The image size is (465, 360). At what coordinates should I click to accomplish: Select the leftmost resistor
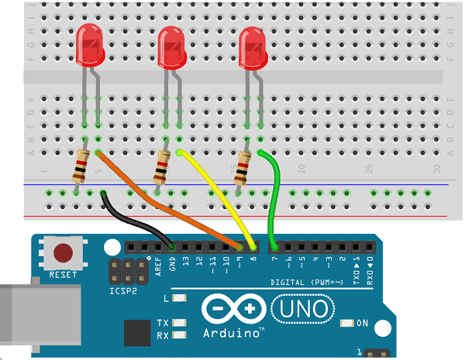(x=80, y=166)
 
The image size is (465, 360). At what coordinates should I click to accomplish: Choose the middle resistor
(x=162, y=166)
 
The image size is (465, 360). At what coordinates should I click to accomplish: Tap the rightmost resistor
(x=243, y=166)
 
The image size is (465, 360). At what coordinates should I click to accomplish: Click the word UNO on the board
(x=304, y=310)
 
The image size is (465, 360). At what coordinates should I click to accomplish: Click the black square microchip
(x=136, y=333)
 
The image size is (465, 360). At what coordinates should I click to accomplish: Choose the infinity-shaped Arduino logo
(x=234, y=310)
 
